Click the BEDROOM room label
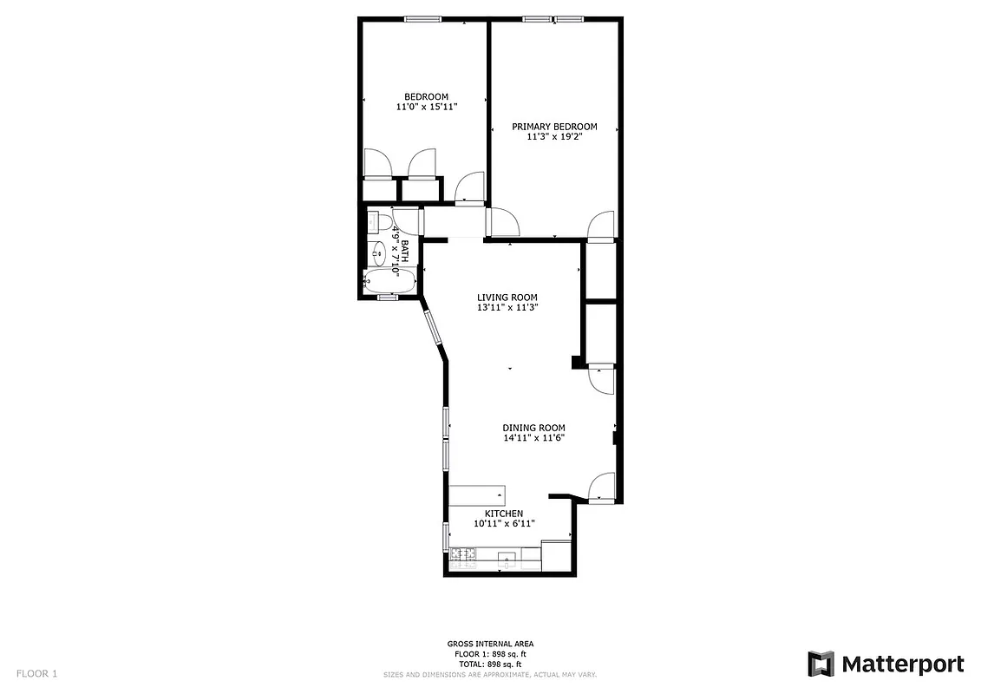[x=426, y=96]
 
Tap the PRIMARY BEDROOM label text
[x=554, y=127]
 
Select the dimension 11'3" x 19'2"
[x=554, y=136]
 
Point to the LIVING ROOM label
[x=507, y=298]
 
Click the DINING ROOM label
[x=533, y=428]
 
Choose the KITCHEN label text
[x=504, y=514]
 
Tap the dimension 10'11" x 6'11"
[x=504, y=523]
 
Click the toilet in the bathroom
[x=375, y=222]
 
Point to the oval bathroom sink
[x=379, y=254]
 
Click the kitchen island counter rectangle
[x=476, y=495]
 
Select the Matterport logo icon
[x=821, y=665]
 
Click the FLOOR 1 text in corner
[x=37, y=673]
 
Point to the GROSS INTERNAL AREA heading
[x=490, y=645]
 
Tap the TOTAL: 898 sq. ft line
[x=490, y=663]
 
